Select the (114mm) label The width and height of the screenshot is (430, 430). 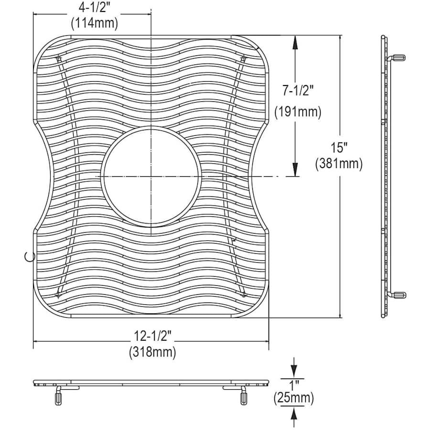pos(94,22)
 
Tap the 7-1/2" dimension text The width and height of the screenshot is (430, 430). pos(298,90)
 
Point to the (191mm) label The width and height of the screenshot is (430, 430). pos(298,112)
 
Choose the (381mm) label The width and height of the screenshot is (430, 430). pos(339,164)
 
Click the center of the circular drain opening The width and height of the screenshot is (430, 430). pos(150,177)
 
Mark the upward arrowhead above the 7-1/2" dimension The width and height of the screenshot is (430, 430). pos(295,42)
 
